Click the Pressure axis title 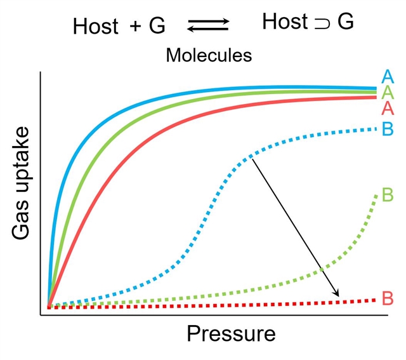[231, 334]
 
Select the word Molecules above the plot [209, 55]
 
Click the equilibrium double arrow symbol [207, 25]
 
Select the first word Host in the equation [96, 26]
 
